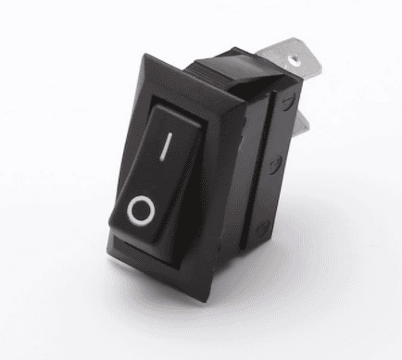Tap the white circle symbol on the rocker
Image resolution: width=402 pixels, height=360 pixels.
coord(141,210)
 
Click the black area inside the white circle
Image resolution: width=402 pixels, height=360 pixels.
coord(141,210)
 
